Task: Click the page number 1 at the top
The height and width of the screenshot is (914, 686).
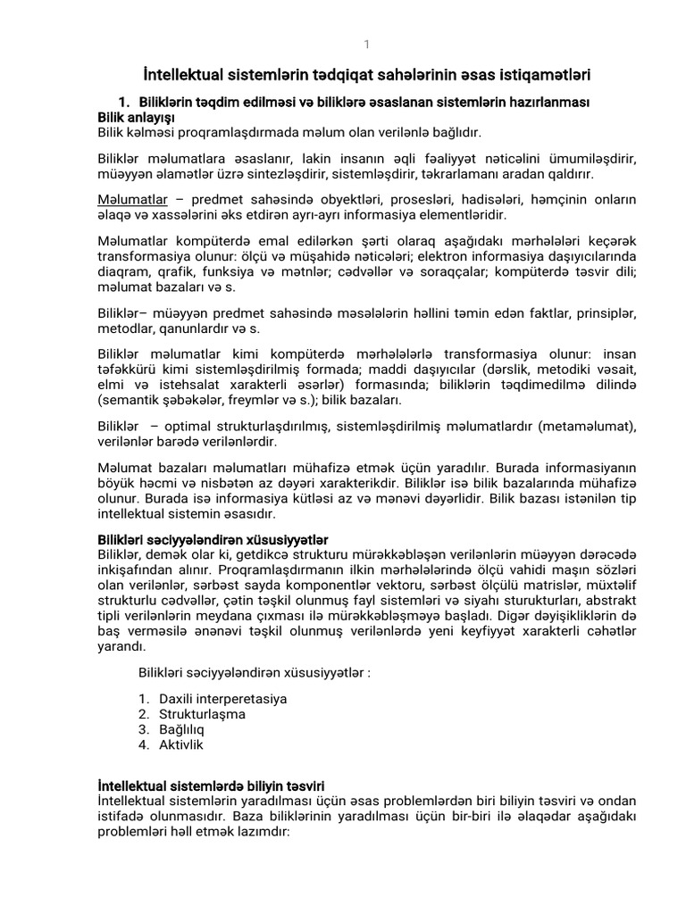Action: [365, 45]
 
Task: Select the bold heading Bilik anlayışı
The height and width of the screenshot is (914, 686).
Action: [136, 117]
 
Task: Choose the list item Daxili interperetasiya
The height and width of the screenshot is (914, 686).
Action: [222, 698]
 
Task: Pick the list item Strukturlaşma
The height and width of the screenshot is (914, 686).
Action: [202, 714]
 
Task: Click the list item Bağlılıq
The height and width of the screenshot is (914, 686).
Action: [181, 729]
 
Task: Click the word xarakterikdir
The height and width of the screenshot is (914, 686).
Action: [377, 484]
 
